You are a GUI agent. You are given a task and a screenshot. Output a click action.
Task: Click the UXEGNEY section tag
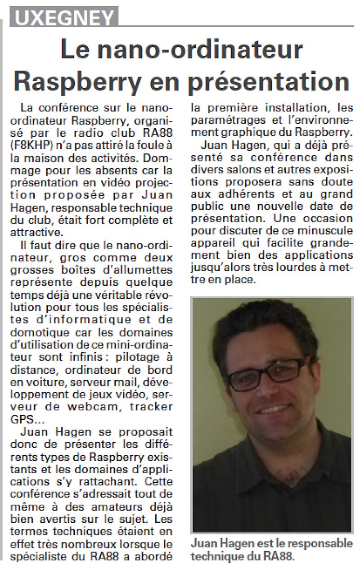tap(65, 18)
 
